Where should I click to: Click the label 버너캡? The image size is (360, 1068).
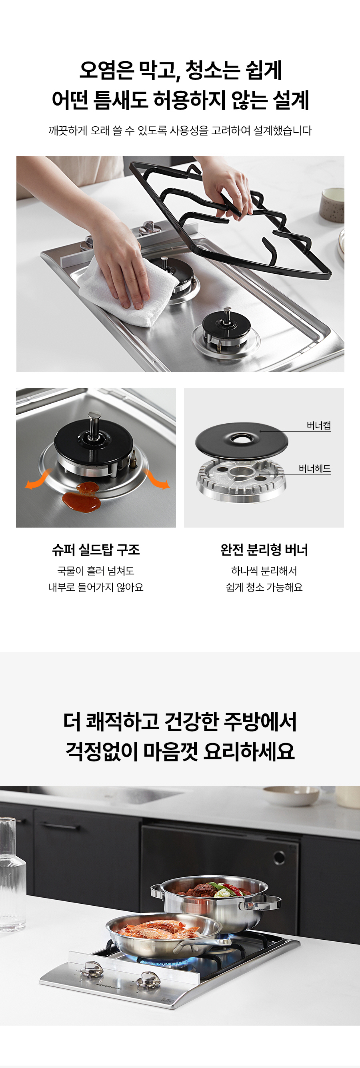click(x=318, y=425)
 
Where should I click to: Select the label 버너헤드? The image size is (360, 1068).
click(x=315, y=469)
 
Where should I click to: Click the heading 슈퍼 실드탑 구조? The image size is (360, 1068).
click(x=96, y=550)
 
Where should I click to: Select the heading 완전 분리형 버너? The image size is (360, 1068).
click(x=264, y=550)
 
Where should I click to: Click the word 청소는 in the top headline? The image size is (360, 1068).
click(x=212, y=70)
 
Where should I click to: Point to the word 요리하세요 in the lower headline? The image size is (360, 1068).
click(x=249, y=751)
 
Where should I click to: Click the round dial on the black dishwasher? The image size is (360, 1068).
click(x=279, y=857)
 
